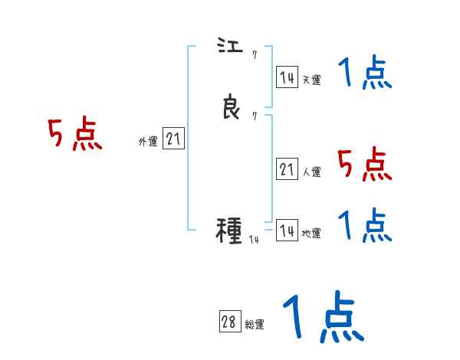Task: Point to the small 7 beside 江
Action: pos(254,55)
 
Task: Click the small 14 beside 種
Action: pos(254,240)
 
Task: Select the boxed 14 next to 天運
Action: pos(287,77)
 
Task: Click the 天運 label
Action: pos(311,79)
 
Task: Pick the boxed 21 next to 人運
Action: pos(287,170)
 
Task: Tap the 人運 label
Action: pos(311,172)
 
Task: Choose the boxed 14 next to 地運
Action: pos(287,231)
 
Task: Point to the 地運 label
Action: pos(311,233)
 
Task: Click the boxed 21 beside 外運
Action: pos(173,139)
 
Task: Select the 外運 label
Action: pos(148,141)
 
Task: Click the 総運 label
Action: pos(255,325)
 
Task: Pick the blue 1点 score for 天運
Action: pos(364,74)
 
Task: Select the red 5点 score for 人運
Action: pos(364,163)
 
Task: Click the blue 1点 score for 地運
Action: pos(364,224)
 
